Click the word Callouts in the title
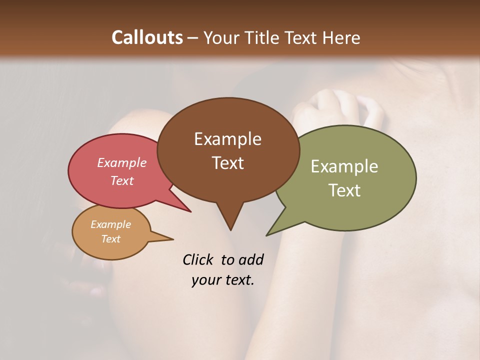point(147,37)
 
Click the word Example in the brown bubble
point(227,139)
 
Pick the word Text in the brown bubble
point(227,162)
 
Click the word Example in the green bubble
point(344,166)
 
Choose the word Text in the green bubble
point(344,190)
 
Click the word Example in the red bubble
point(122,162)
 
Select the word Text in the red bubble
point(122,180)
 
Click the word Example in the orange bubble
point(110,224)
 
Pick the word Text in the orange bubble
point(110,238)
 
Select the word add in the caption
point(250,259)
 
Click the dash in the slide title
point(193,38)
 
